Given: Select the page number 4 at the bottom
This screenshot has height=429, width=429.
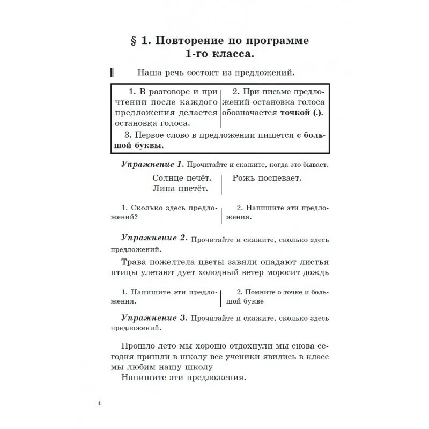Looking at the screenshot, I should coord(99,403).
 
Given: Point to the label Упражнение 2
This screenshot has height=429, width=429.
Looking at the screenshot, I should coord(153,238).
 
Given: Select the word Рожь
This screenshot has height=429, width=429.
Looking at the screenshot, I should coord(245,177).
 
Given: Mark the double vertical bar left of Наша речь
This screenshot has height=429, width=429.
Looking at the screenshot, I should coord(112,72).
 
